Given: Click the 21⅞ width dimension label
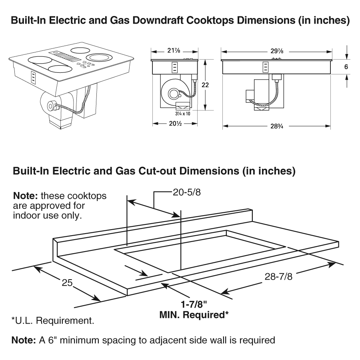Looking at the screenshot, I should [174, 51].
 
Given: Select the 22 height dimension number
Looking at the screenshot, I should [205, 85].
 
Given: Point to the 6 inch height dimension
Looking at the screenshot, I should [346, 67].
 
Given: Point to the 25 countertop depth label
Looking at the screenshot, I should [67, 283].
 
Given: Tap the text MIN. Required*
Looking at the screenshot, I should [194, 315].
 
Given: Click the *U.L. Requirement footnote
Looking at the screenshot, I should [53, 320].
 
